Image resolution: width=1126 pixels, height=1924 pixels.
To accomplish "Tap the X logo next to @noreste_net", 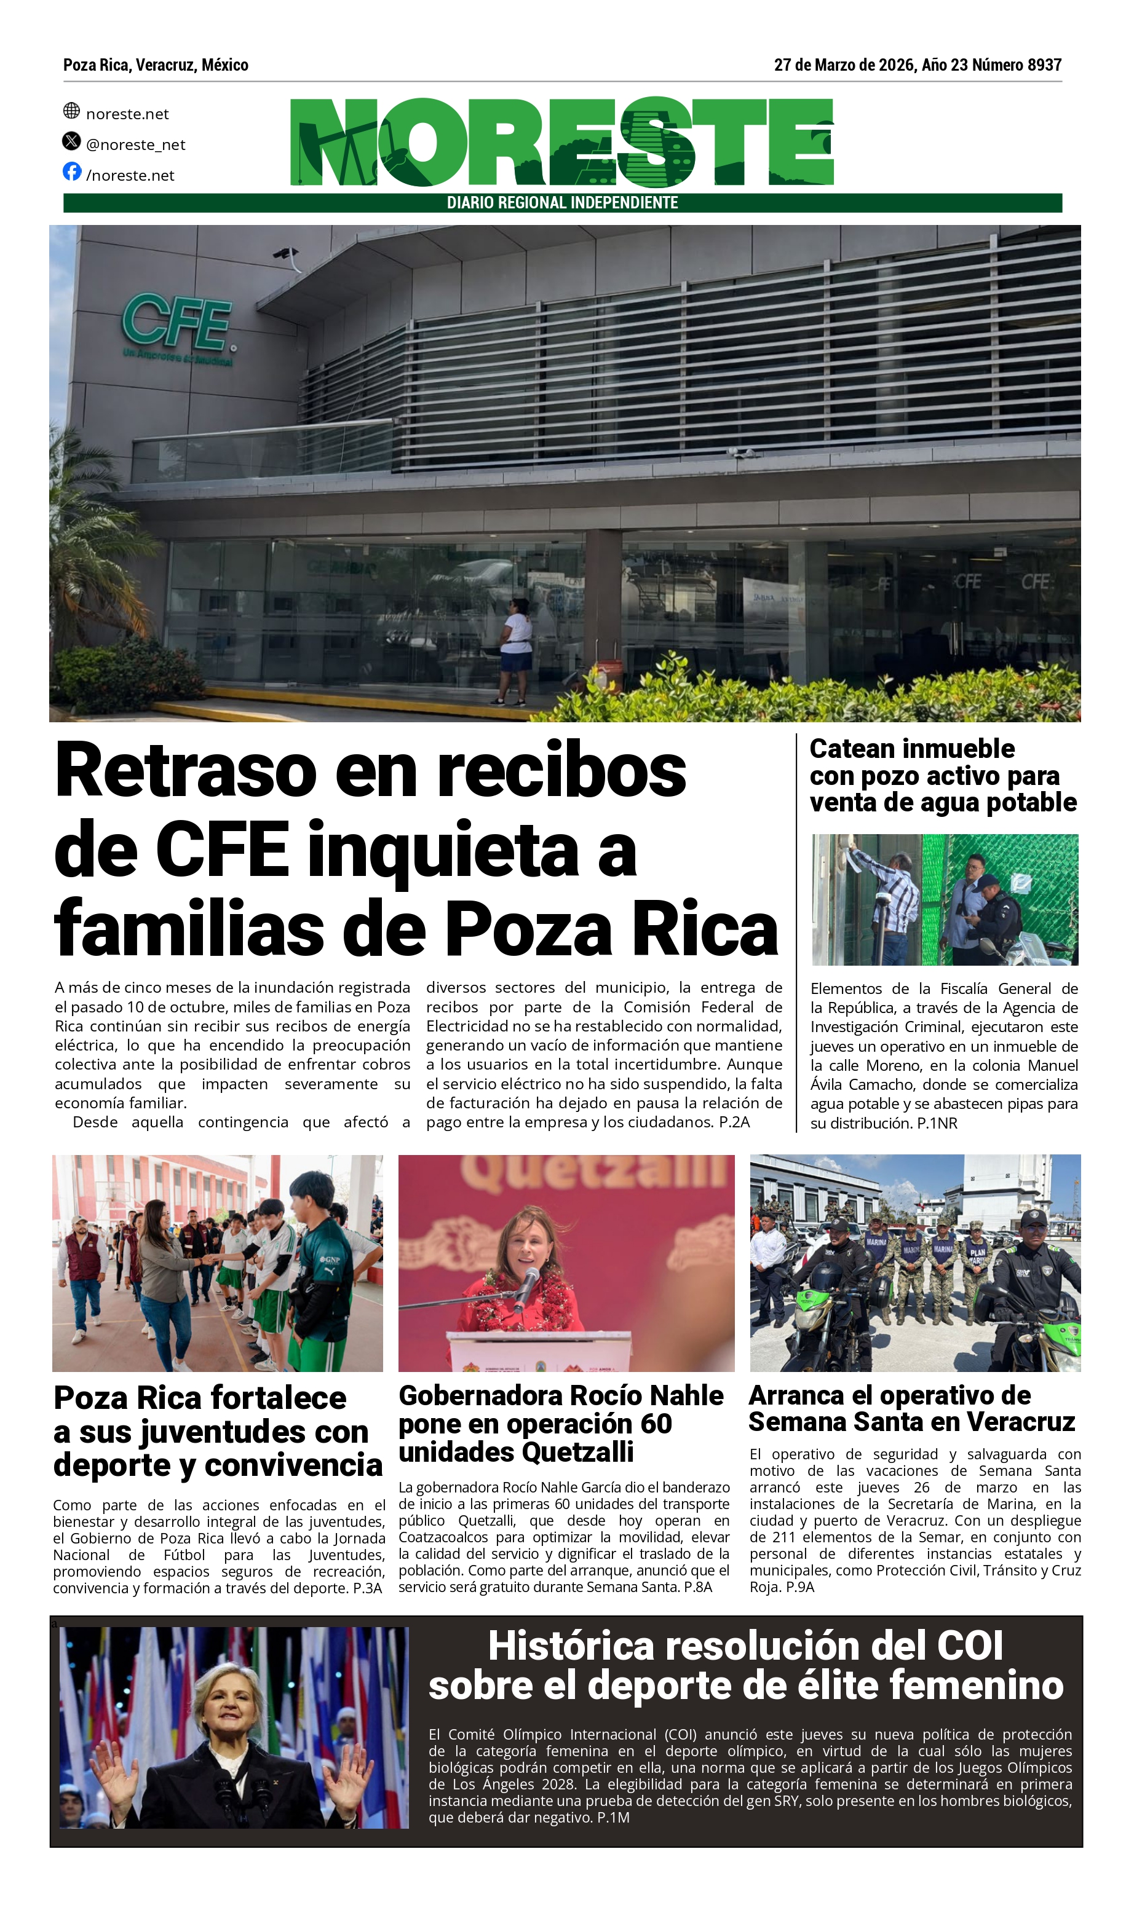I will pyautogui.click(x=72, y=141).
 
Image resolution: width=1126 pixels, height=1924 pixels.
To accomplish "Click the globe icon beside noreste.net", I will pyautogui.click(x=72, y=111).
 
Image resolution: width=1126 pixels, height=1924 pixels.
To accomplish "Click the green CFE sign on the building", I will pyautogui.click(x=176, y=321).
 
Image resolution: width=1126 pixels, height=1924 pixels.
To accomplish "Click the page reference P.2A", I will pyautogui.click(x=734, y=1122).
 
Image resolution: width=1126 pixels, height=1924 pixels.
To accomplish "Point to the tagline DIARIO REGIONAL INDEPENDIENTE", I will pyautogui.click(x=562, y=203).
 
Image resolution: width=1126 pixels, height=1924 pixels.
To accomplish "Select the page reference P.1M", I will pyautogui.click(x=613, y=1818).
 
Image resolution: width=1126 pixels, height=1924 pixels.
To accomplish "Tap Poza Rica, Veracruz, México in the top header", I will pyautogui.click(x=156, y=65).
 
